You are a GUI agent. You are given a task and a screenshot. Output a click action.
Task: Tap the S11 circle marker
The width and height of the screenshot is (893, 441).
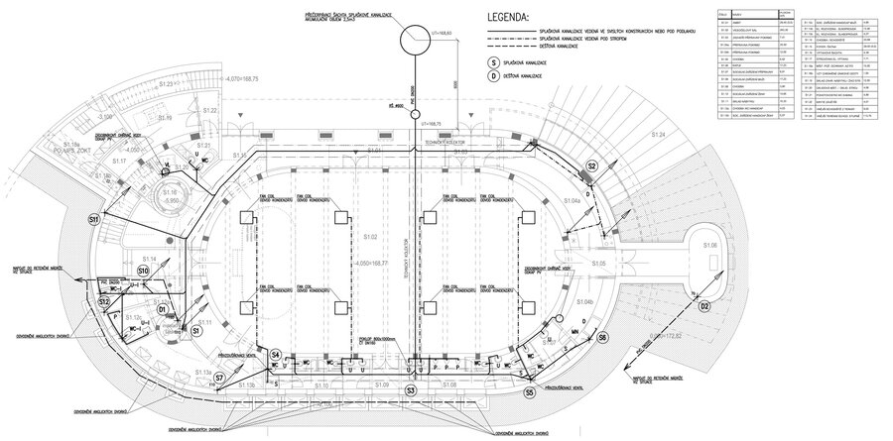pos(93,218)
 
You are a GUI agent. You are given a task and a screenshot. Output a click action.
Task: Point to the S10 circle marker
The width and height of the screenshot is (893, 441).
pos(143,270)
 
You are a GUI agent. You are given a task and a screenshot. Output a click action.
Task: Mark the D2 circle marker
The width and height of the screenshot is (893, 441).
pos(705,307)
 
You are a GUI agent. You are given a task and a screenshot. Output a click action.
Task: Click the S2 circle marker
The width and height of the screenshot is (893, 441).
pos(592,165)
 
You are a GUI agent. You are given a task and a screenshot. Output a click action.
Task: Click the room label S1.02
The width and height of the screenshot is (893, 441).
pos(370,238)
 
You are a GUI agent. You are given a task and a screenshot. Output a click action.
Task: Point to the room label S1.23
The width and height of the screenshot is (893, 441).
pos(166,86)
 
